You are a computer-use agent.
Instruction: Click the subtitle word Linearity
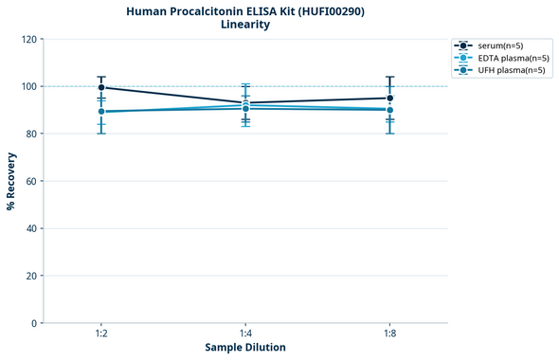pos(244,25)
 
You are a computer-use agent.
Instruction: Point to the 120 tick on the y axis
pos(28,40)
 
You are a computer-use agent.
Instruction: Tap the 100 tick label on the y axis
pos(28,87)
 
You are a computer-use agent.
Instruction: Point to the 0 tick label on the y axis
pos(34,324)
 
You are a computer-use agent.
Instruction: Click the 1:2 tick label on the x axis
pos(101,334)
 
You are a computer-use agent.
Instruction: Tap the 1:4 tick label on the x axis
pos(245,334)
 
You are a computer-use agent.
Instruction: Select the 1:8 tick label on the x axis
pos(389,334)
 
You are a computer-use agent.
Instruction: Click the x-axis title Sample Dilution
pos(245,348)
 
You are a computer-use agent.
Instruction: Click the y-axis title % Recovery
pos(11,181)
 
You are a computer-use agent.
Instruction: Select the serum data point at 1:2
pos(101,87)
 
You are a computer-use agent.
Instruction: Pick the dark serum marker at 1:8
pos(389,98)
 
